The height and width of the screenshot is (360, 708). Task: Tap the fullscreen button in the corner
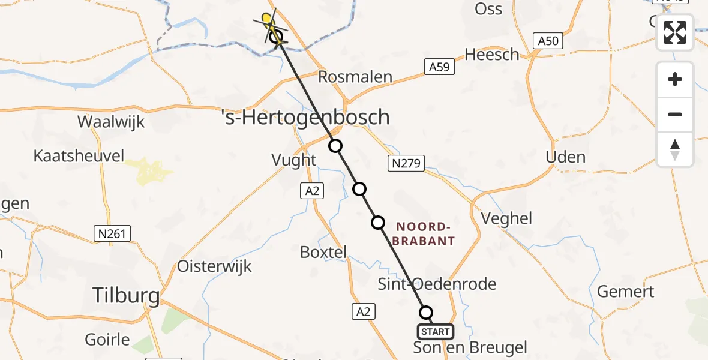(x=675, y=32)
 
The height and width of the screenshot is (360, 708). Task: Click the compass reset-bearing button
(x=675, y=149)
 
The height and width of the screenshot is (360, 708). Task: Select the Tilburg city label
(x=126, y=295)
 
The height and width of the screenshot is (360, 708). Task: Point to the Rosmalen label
(x=355, y=77)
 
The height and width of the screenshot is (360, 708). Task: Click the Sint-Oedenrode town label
(x=437, y=283)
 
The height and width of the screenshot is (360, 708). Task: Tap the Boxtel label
(x=323, y=253)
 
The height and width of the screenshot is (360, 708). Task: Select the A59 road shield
(x=439, y=67)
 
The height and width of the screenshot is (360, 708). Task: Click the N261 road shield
(x=112, y=233)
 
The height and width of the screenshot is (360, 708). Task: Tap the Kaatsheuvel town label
(x=79, y=157)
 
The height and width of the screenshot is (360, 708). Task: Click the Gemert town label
(x=626, y=292)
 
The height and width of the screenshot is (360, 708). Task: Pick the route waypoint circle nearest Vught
(x=335, y=146)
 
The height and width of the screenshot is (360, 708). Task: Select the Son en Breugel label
(x=470, y=347)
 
